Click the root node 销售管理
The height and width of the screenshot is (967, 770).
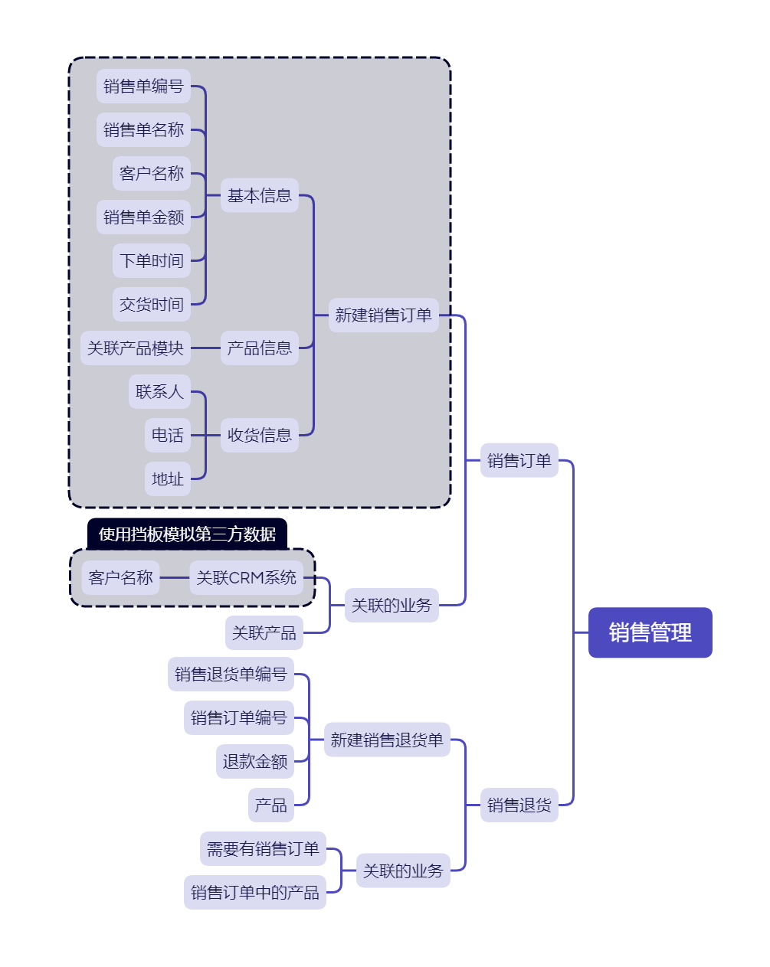pos(650,632)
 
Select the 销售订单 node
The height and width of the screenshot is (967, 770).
pos(519,460)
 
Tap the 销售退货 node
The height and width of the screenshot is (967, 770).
pos(519,805)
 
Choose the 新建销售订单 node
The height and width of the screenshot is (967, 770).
pos(383,315)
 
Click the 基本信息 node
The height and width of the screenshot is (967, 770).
pos(259,195)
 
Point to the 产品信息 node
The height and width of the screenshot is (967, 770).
pos(259,348)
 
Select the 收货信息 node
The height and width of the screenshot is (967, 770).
pos(259,435)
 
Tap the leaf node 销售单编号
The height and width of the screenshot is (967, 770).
pos(143,86)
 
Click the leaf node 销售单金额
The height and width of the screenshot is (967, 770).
pos(143,217)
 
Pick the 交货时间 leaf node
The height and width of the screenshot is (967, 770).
pos(151,304)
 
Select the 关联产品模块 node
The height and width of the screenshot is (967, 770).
pos(135,348)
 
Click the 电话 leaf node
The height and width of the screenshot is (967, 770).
pos(167,435)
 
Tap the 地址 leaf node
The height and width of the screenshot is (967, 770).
pos(167,479)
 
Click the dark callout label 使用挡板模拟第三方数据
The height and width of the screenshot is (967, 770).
pos(187,534)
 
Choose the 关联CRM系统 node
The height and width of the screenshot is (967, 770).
pos(246,577)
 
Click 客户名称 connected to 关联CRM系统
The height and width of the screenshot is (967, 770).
pos(120,577)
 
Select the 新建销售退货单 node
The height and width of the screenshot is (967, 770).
pos(386,740)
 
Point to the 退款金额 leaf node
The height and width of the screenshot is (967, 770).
pos(254,761)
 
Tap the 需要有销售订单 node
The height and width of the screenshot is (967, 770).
pos(263,848)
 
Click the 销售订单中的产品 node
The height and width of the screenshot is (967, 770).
pos(254,892)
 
